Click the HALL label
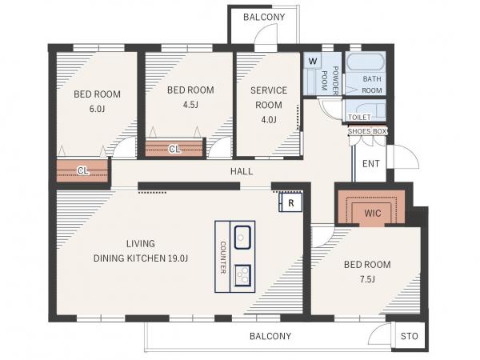point(242,171)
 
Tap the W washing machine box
point(312,61)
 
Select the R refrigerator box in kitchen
point(291,202)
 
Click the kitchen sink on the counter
point(242,237)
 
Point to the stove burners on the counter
point(242,275)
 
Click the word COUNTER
point(223,257)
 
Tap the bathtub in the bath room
point(366,62)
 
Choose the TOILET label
point(359,118)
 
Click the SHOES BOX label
point(367,131)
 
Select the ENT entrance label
point(371,164)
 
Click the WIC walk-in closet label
point(373,213)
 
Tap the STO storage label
point(410,336)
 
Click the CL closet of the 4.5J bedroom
point(174,149)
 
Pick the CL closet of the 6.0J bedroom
point(82,170)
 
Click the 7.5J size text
point(367,279)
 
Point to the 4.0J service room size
point(269,120)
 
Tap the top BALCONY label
point(264,17)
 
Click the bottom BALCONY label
point(270,336)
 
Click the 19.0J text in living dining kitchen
point(178,258)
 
